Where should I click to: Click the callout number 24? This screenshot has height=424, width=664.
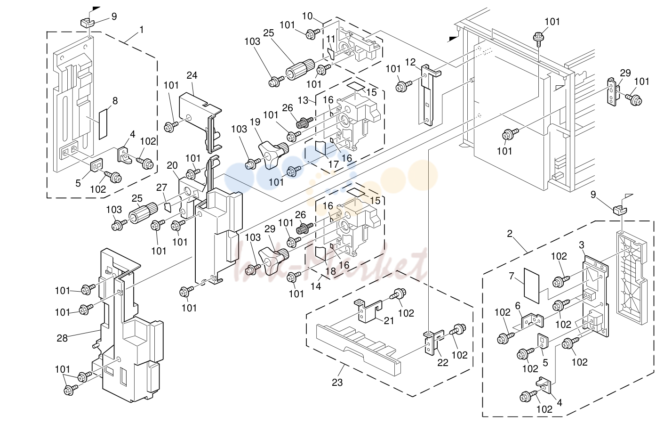192,75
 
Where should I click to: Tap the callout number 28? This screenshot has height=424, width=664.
62,338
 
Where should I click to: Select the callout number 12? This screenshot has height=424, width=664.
410,62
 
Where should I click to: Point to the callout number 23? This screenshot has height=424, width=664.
337,383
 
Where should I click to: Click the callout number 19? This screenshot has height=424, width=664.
255,122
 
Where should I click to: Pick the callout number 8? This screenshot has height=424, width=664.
115,101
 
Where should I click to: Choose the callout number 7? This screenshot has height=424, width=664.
512,276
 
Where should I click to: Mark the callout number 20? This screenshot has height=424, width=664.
172,165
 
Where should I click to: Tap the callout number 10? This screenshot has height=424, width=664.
307,16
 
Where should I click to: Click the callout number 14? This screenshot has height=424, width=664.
316,286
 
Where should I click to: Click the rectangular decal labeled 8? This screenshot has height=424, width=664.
103,124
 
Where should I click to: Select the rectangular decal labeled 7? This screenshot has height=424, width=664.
531,286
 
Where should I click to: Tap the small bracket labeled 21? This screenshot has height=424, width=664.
368,311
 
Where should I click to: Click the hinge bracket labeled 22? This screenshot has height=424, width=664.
433,343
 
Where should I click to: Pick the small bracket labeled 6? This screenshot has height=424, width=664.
532,321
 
